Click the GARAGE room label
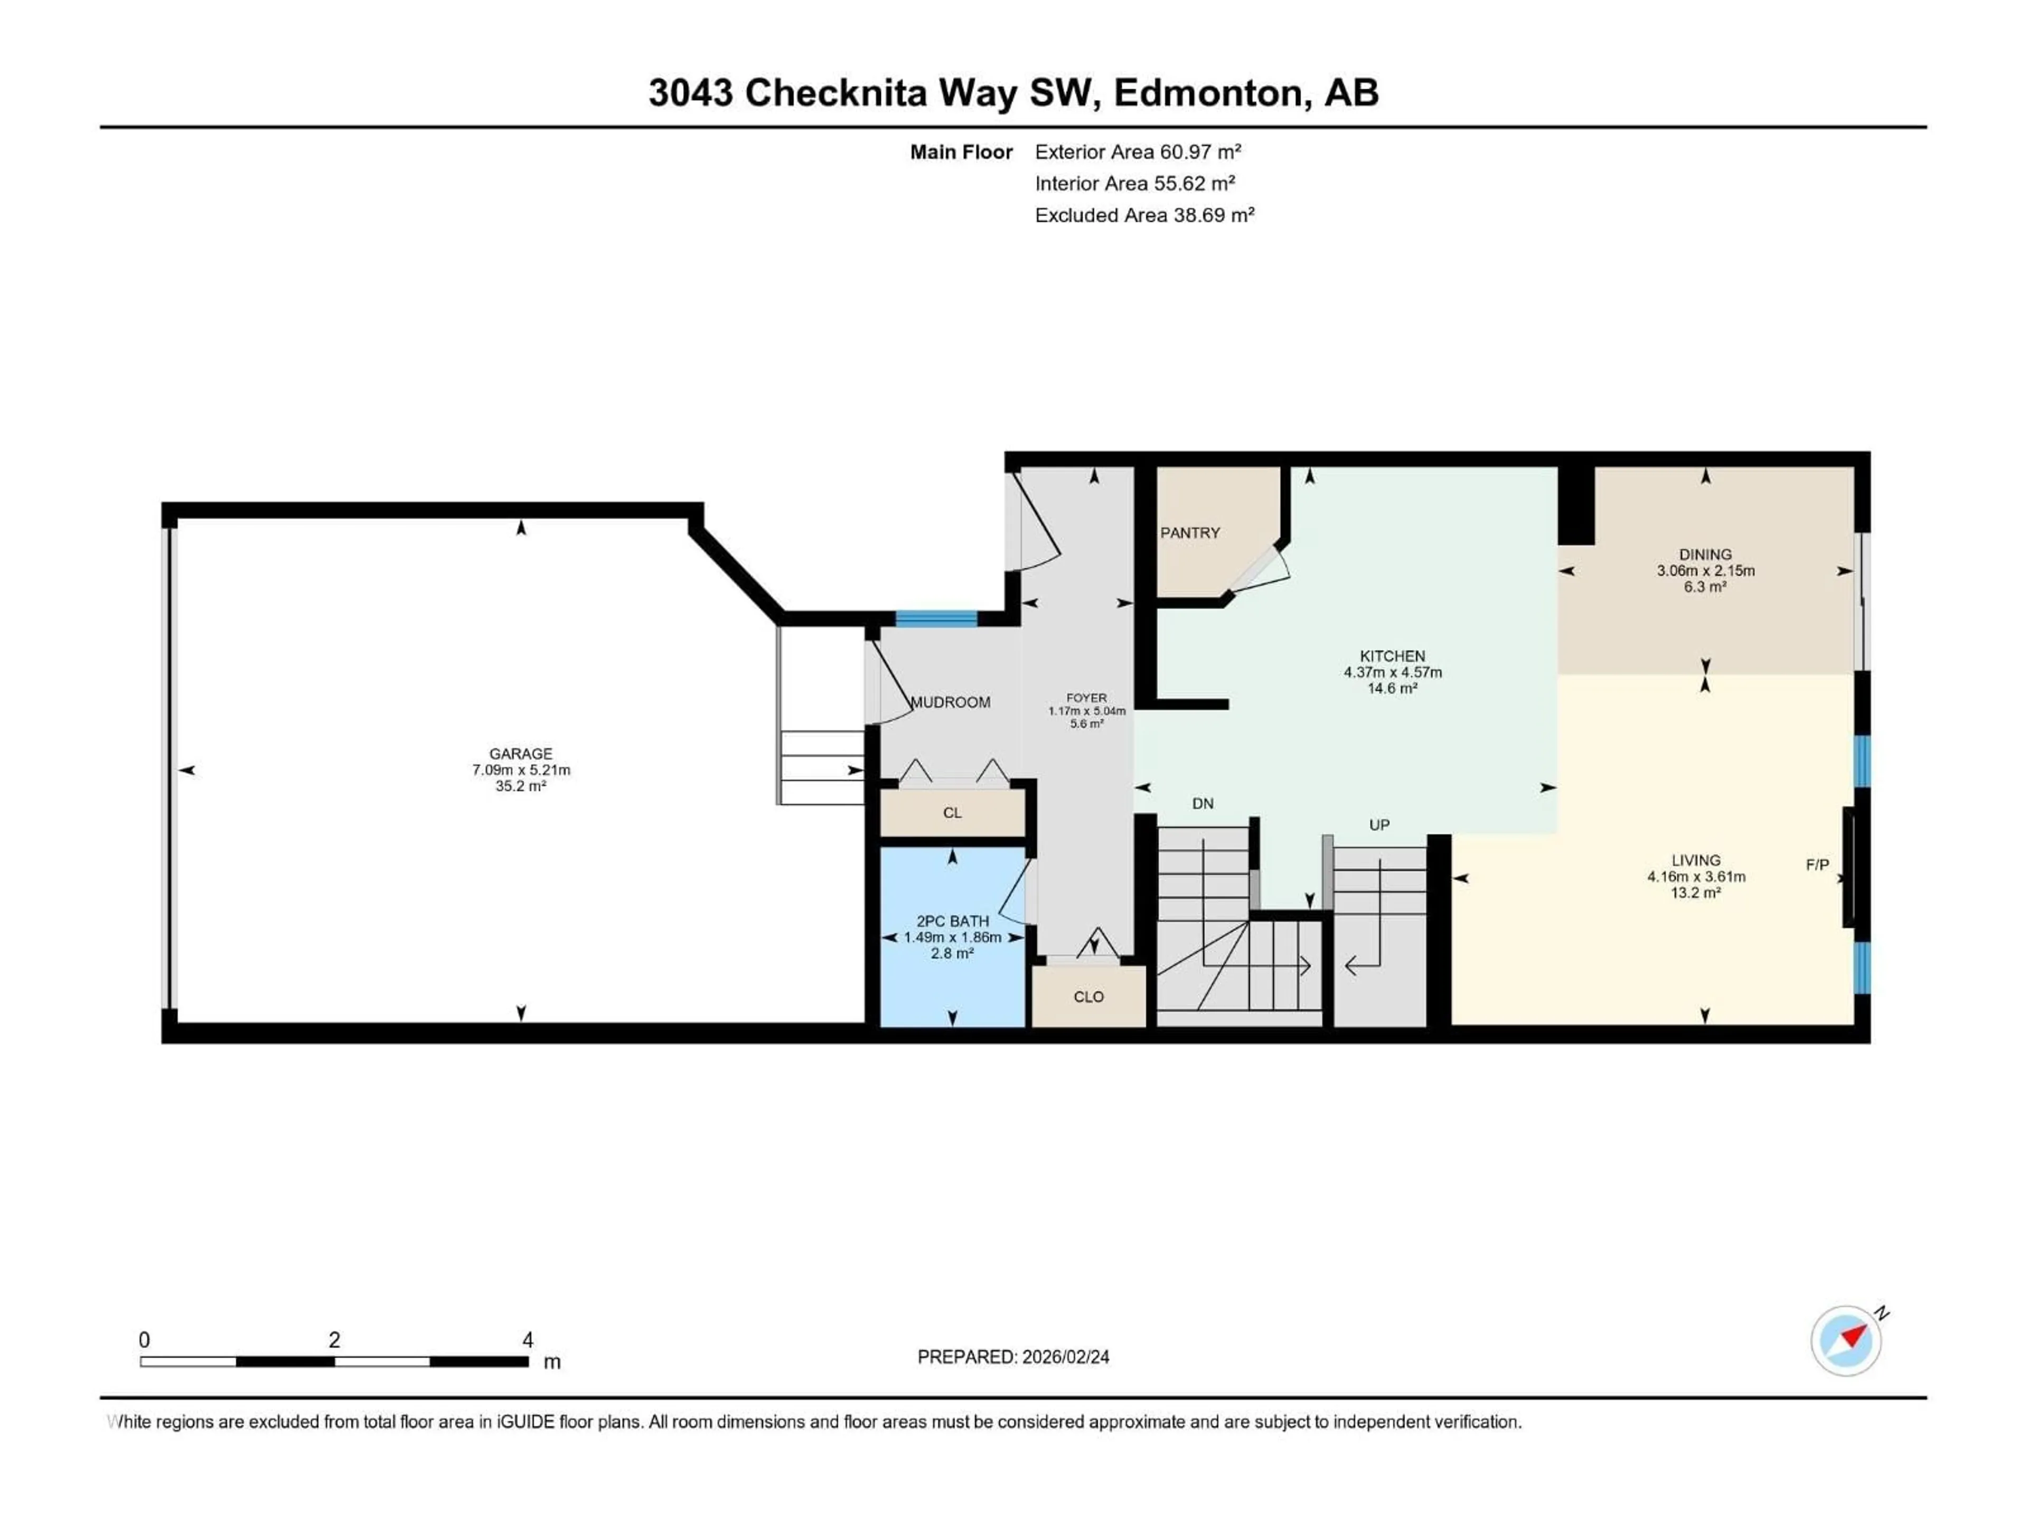(x=521, y=754)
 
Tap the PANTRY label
(x=1190, y=533)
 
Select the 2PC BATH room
(x=953, y=936)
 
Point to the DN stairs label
(x=1203, y=804)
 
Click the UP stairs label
(x=1379, y=825)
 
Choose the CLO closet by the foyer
(x=1088, y=997)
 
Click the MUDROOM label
(x=951, y=702)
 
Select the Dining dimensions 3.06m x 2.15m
(x=1705, y=570)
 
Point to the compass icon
(x=1846, y=1340)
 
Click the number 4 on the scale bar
(x=528, y=1340)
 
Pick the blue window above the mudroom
(x=936, y=618)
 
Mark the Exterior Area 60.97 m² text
(x=1138, y=152)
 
